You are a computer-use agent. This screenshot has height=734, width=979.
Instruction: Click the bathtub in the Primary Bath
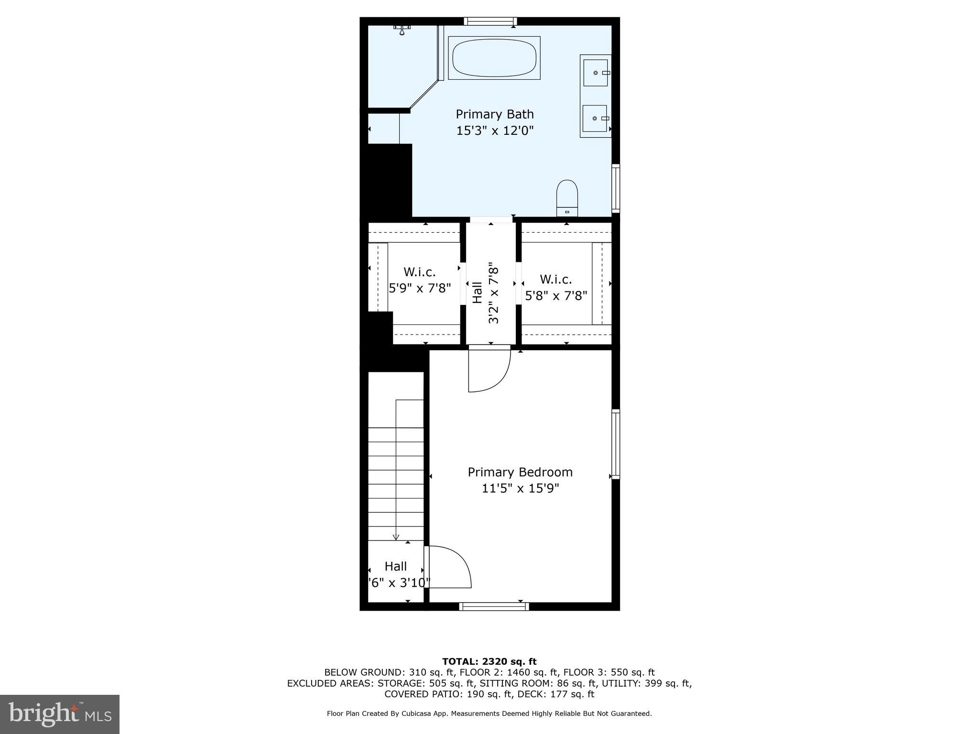[x=494, y=58]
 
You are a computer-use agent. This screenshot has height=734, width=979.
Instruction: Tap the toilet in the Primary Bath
[x=567, y=198]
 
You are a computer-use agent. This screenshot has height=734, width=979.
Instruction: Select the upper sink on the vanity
[x=596, y=73]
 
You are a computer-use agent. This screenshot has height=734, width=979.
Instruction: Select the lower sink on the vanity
[x=595, y=118]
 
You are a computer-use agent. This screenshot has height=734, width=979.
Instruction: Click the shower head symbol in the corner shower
[x=402, y=30]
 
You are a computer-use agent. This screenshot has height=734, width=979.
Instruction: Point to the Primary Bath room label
[x=494, y=114]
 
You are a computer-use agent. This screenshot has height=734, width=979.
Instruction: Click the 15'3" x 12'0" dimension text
[x=494, y=130]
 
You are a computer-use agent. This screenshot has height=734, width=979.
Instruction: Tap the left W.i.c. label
[x=419, y=272]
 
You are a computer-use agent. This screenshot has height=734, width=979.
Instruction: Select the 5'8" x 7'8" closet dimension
[x=556, y=296]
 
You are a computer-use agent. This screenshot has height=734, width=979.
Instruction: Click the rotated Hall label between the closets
[x=477, y=292]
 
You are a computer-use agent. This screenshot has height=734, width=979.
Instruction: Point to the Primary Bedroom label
[x=520, y=472]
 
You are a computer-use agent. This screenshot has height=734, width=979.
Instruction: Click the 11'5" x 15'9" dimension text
[x=520, y=488]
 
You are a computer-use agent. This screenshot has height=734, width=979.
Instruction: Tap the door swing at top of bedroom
[x=489, y=370]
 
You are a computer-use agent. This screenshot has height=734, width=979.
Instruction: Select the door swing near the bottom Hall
[x=448, y=567]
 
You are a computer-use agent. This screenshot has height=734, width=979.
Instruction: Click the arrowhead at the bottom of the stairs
[x=396, y=537]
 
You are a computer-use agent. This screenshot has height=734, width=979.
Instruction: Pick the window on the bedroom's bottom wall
[x=494, y=606]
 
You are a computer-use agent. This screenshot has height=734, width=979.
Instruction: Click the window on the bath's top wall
[x=490, y=21]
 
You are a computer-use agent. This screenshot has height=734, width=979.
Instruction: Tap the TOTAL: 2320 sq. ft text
[x=489, y=662]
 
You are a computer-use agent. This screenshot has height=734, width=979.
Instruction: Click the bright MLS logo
[x=60, y=714]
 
